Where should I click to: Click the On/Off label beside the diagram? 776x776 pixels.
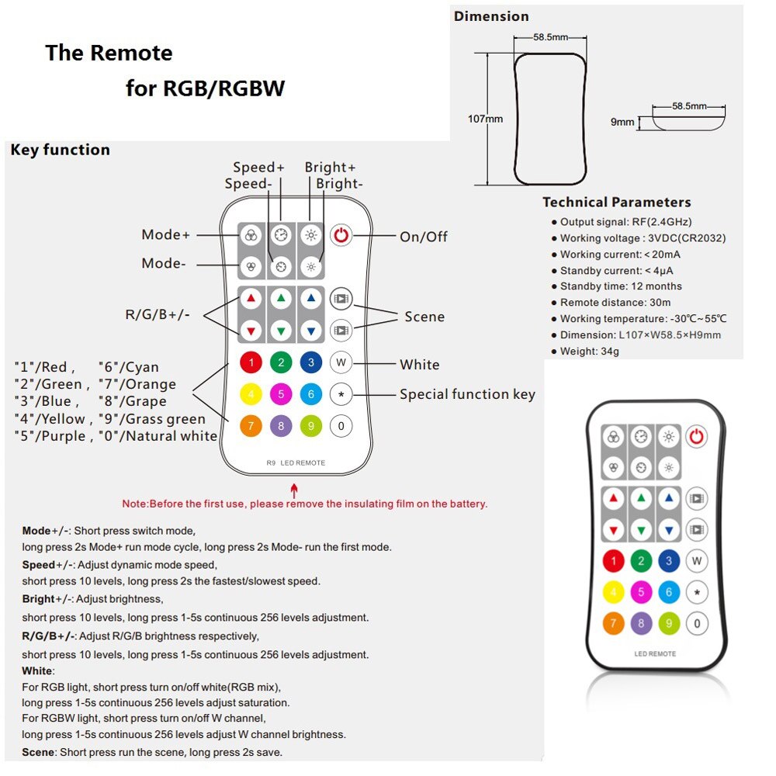423,237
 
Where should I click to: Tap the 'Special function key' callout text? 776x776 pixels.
467,394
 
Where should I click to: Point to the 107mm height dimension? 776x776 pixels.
486,119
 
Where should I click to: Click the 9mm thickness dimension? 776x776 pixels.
622,122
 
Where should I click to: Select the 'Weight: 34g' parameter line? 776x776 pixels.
589,351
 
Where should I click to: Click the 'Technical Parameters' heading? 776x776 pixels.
616,203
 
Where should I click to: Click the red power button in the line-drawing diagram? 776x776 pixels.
341,235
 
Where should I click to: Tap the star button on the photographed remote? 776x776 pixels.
697,592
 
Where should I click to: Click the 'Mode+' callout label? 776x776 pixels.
165,235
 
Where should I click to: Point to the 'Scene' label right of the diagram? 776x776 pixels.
424,317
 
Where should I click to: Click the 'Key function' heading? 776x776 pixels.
60,150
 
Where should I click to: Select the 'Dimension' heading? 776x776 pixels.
491,16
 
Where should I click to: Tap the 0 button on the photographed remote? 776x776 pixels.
697,622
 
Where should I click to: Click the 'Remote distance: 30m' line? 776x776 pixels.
615,303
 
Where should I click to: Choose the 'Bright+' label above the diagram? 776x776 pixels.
330,167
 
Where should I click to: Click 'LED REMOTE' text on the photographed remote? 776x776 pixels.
654,653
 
